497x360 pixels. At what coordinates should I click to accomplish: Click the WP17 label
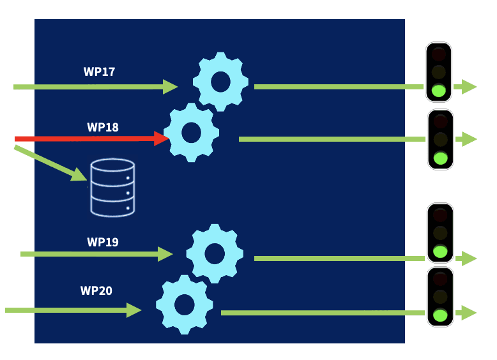click(99, 71)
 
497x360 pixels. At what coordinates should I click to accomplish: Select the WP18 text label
click(103, 127)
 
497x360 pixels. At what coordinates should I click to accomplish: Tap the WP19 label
click(103, 243)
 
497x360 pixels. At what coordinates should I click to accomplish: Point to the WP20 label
click(96, 291)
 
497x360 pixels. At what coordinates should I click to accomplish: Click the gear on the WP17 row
click(220, 82)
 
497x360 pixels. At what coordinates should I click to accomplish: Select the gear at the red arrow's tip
click(191, 133)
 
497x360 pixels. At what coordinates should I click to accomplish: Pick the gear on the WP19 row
click(215, 253)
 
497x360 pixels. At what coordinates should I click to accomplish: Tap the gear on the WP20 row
click(184, 304)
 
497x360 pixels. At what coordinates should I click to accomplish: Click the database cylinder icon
click(112, 188)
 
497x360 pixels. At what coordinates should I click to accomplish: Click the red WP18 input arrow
click(89, 139)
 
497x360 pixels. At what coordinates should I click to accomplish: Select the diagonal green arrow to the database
click(51, 163)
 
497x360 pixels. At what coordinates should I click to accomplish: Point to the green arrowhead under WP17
click(170, 87)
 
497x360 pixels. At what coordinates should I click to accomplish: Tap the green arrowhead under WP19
click(165, 254)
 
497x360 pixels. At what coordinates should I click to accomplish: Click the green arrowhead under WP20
click(134, 310)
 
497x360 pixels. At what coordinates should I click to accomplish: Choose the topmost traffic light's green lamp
click(438, 91)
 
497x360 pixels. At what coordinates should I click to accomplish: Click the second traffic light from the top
click(440, 139)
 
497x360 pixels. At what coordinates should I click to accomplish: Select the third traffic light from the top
click(440, 233)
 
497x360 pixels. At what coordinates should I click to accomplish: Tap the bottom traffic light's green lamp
click(440, 315)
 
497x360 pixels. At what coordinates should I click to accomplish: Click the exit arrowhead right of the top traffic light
click(469, 87)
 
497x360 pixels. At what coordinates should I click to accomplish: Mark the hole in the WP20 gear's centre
click(184, 304)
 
